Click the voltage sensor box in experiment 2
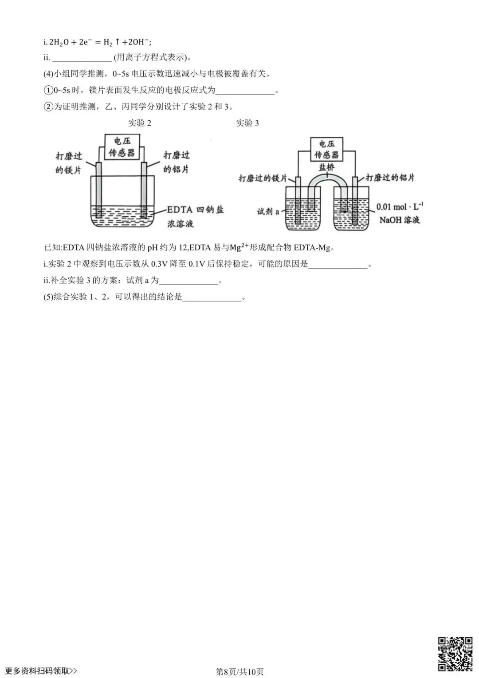(122, 147)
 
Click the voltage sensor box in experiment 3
(326, 149)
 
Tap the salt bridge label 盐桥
(326, 167)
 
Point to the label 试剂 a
(268, 211)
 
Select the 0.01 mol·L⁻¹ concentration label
(400, 207)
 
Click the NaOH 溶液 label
(399, 220)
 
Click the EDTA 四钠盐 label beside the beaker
(195, 210)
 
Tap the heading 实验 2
(140, 123)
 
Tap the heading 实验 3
(247, 123)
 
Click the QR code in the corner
(455, 654)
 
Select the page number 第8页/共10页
(239, 671)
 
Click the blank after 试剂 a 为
(188, 281)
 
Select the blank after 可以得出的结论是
(212, 297)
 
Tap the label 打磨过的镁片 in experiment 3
(263, 178)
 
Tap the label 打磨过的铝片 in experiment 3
(390, 178)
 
